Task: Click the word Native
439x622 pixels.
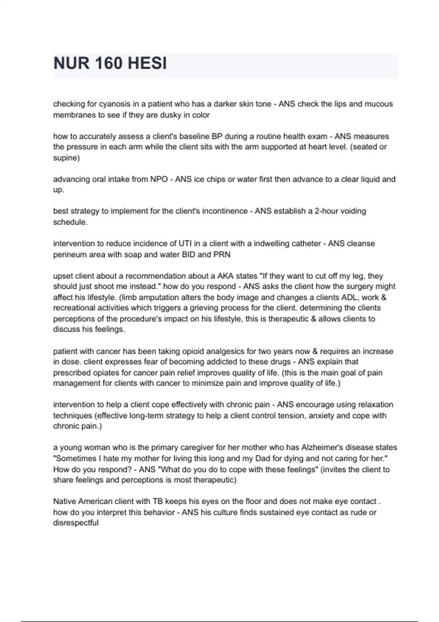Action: (x=65, y=501)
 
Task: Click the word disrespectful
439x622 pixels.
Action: (x=76, y=523)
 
